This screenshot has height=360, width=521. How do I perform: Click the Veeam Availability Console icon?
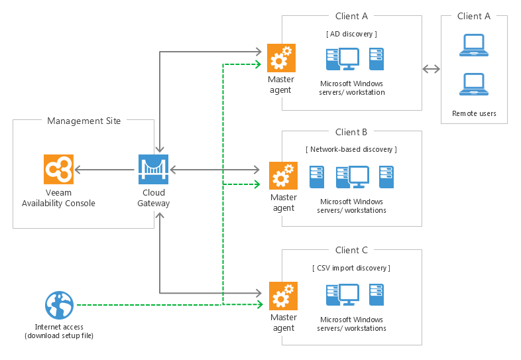point(58,170)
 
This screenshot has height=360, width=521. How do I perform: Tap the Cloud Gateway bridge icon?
point(153,170)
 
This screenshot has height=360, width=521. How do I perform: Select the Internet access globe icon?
point(59,306)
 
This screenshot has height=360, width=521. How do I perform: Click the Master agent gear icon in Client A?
point(280,58)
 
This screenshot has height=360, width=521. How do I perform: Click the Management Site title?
point(84,121)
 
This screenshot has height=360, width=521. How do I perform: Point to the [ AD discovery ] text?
point(352,34)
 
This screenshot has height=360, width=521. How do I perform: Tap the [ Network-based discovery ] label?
point(351,150)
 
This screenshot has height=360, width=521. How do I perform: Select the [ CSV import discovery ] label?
point(351,268)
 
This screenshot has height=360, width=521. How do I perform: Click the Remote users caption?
point(474,114)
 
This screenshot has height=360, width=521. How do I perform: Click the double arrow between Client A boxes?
point(432,68)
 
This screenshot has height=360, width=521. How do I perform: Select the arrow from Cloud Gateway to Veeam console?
point(105,170)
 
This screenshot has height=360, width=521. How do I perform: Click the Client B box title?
point(351,133)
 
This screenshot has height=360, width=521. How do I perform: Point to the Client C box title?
point(351,251)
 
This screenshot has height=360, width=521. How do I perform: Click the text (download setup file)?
point(59,335)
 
